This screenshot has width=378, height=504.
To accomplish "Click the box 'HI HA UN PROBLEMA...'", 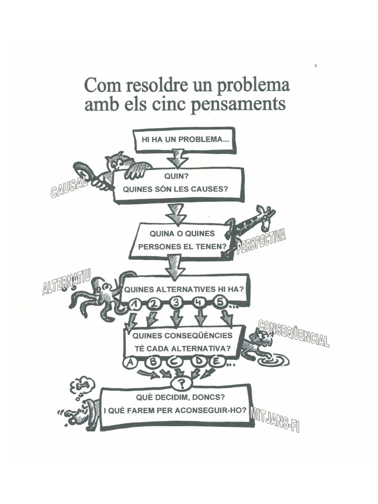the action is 185,139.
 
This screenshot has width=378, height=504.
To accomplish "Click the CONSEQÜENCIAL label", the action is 293,334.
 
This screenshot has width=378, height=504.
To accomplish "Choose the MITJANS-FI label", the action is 275,419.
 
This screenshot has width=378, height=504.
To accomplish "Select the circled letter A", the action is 130,363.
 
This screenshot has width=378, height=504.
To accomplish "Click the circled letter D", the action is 199,363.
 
